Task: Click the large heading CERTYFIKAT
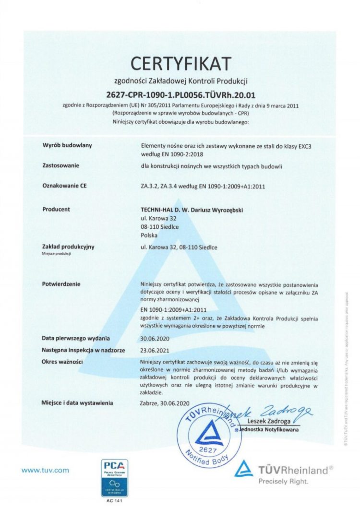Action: tap(180, 63)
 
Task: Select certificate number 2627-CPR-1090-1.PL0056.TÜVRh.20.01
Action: tap(180, 94)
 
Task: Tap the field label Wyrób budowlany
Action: tap(67, 144)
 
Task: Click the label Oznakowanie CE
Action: tap(65, 187)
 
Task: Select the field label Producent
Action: tap(56, 209)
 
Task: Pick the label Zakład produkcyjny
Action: tap(68, 247)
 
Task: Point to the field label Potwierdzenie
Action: tap(61, 284)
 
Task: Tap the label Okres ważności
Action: tap(63, 361)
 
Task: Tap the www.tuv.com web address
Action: tap(45, 471)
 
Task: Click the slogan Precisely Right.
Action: tap(283, 481)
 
